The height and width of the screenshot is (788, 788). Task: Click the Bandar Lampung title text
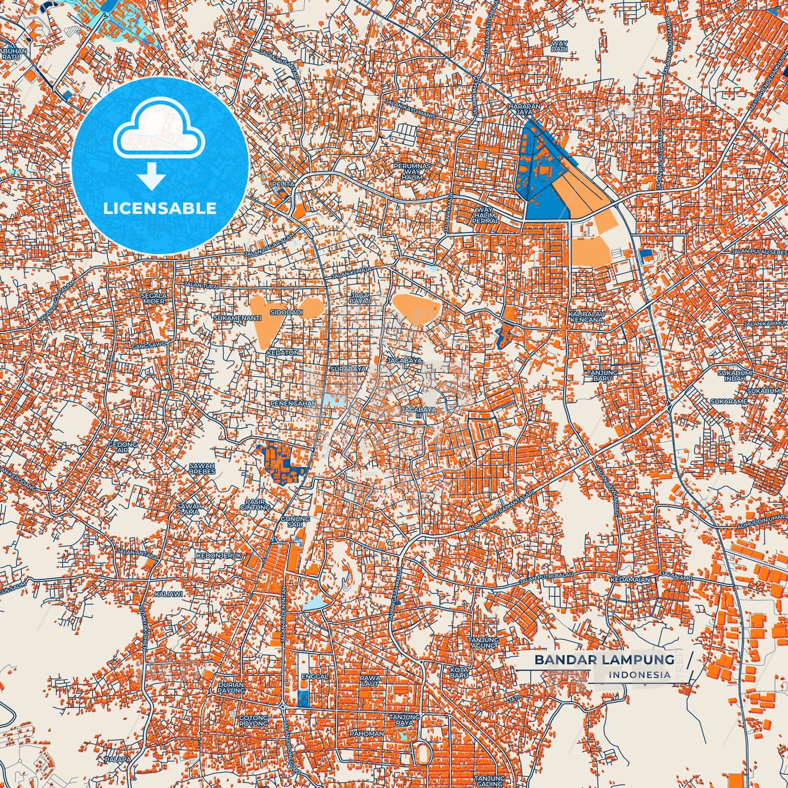[x=604, y=659]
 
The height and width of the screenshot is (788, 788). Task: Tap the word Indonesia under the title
[x=640, y=675]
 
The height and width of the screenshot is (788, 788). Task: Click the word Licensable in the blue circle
[x=160, y=208]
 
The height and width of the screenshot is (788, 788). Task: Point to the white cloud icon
[x=159, y=130]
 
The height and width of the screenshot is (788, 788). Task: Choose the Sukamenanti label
[x=238, y=317]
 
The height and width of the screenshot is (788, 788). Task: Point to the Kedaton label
[x=283, y=353]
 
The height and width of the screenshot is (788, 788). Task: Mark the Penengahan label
[x=293, y=404]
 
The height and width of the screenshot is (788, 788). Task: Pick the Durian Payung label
[x=231, y=687]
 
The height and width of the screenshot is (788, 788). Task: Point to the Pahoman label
[x=366, y=733]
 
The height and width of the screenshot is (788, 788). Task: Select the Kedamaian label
[x=630, y=580]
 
